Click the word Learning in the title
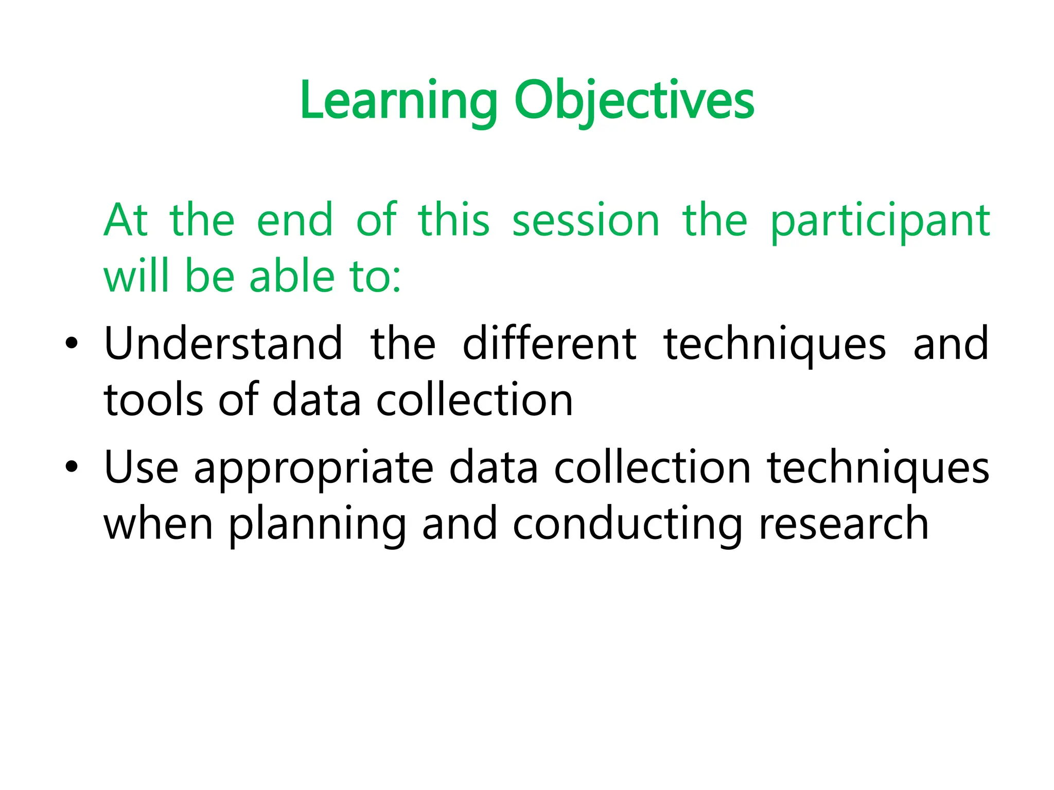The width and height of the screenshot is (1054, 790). [399, 101]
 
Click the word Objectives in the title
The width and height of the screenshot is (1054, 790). [634, 101]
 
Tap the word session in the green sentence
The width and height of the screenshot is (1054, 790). [586, 221]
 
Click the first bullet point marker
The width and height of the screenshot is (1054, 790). [72, 343]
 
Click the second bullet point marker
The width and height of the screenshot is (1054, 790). [72, 466]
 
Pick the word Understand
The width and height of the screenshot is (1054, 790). [223, 344]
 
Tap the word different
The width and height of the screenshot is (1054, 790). [549, 344]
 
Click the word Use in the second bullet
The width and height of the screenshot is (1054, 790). [141, 467]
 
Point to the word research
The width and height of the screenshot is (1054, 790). [844, 524]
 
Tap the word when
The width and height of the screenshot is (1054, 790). [159, 524]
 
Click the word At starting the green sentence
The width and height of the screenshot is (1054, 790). [126, 221]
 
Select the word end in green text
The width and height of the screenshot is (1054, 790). [294, 221]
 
